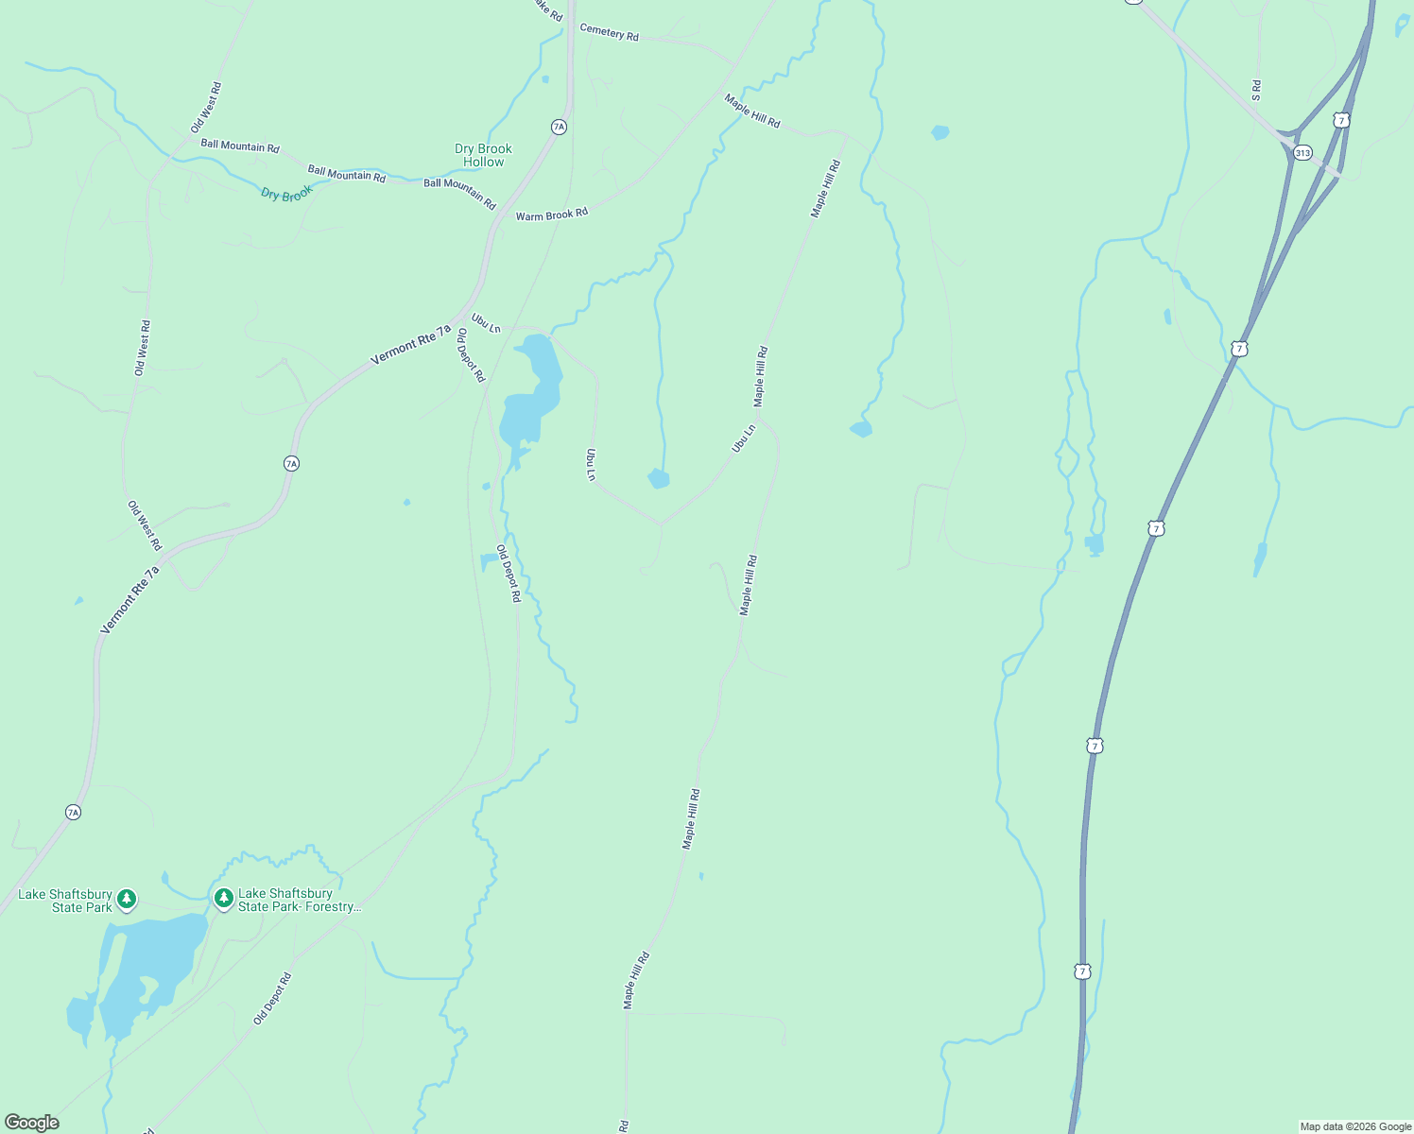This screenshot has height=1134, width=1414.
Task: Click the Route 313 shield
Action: point(1303,152)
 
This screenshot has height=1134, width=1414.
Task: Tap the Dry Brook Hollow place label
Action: point(483,155)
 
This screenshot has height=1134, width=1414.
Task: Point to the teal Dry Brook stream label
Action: point(286,194)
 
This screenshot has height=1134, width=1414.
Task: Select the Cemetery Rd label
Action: point(609,33)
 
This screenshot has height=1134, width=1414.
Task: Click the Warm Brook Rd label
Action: point(551,215)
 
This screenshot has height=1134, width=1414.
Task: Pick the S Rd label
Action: point(1256,91)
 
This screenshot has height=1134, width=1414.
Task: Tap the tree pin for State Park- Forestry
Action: point(224,898)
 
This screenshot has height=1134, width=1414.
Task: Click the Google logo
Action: point(32,1123)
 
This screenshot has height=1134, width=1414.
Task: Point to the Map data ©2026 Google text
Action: point(1354,1126)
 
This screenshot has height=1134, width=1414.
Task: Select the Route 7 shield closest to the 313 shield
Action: point(1341,120)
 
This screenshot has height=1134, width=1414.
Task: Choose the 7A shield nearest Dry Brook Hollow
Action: point(559,127)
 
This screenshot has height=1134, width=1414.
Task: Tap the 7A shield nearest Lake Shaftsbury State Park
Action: point(73,812)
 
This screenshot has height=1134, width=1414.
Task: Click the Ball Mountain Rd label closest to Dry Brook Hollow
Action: point(459,194)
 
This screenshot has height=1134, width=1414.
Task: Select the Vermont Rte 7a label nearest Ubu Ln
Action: point(410,345)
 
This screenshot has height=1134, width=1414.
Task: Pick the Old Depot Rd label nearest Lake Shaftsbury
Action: point(272,999)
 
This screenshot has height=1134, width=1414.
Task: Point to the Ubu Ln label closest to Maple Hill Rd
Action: point(744,438)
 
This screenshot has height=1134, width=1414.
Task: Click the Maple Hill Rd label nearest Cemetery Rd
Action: point(752,111)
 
